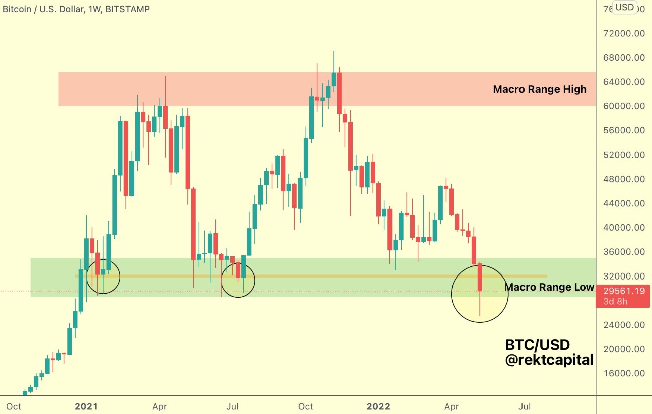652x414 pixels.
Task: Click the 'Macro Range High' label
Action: (540, 89)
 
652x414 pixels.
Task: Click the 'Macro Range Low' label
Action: (549, 287)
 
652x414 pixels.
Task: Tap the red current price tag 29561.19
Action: (623, 291)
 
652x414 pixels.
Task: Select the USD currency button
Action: (625, 7)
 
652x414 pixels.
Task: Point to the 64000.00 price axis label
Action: (624, 82)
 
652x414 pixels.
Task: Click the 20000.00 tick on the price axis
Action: (624, 349)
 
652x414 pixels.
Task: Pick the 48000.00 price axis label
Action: (624, 179)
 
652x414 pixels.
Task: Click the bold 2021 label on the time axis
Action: (87, 406)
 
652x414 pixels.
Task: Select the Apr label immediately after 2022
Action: (452, 406)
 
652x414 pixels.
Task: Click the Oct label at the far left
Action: (14, 406)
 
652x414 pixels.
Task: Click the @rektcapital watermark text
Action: (549, 360)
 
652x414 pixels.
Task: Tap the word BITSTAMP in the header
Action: (127, 9)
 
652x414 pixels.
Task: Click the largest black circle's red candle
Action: (480, 277)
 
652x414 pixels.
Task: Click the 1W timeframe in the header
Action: (94, 9)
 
